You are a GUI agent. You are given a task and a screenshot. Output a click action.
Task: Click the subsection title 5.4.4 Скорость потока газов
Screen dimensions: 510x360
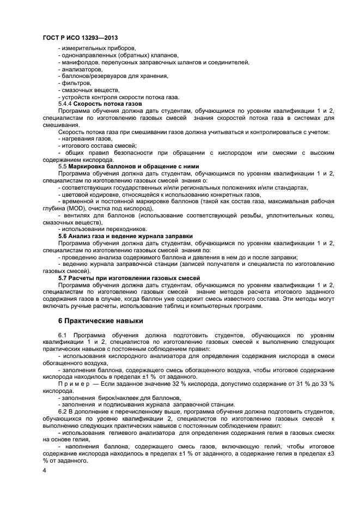click(x=100, y=104)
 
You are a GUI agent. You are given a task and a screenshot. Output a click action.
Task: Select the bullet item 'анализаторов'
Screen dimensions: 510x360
click(x=80, y=69)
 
